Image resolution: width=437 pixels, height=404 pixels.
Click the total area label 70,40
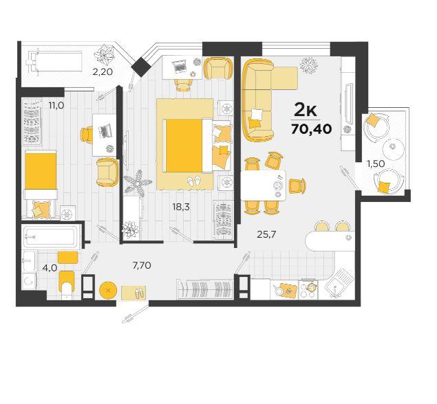pyautogui.click(x=312, y=129)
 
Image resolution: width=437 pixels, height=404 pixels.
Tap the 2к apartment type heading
pyautogui.click(x=306, y=111)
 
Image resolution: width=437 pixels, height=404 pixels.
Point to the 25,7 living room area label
pyautogui.click(x=266, y=234)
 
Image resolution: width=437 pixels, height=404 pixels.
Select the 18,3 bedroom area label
pyautogui.click(x=181, y=207)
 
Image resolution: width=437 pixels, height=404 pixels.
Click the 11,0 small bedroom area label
pyautogui.click(x=56, y=105)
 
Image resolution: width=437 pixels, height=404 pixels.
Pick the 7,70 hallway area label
pyautogui.click(x=142, y=265)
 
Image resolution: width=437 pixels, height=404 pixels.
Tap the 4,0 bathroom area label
pyautogui.click(x=50, y=268)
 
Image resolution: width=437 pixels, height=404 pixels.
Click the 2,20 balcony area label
pyautogui.click(x=103, y=72)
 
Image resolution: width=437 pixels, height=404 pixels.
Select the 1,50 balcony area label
pyautogui.click(x=376, y=164)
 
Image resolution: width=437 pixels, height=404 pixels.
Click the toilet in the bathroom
pyautogui.click(x=67, y=285)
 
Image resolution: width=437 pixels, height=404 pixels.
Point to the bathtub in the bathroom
pyautogui.click(x=50, y=236)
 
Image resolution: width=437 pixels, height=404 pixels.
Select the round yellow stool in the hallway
pyautogui.click(x=108, y=290)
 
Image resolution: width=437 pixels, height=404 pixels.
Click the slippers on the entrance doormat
pyautogui.click(x=138, y=293)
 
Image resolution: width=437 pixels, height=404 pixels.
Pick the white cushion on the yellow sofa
pyautogui.click(x=257, y=113)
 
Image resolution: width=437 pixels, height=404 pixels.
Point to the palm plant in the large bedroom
pyautogui.click(x=138, y=182)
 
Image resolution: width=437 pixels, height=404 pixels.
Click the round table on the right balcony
pyautogui.click(x=393, y=149)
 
